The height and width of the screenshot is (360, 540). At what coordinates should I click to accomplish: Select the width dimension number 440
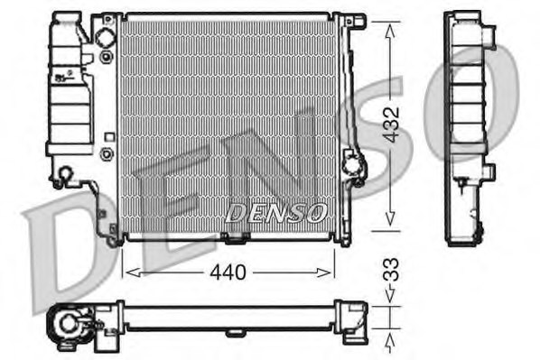tap(229, 270)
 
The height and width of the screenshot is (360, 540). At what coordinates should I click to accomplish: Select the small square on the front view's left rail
tap(109, 137)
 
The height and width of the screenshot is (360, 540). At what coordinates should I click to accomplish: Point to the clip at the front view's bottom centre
tap(235, 238)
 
